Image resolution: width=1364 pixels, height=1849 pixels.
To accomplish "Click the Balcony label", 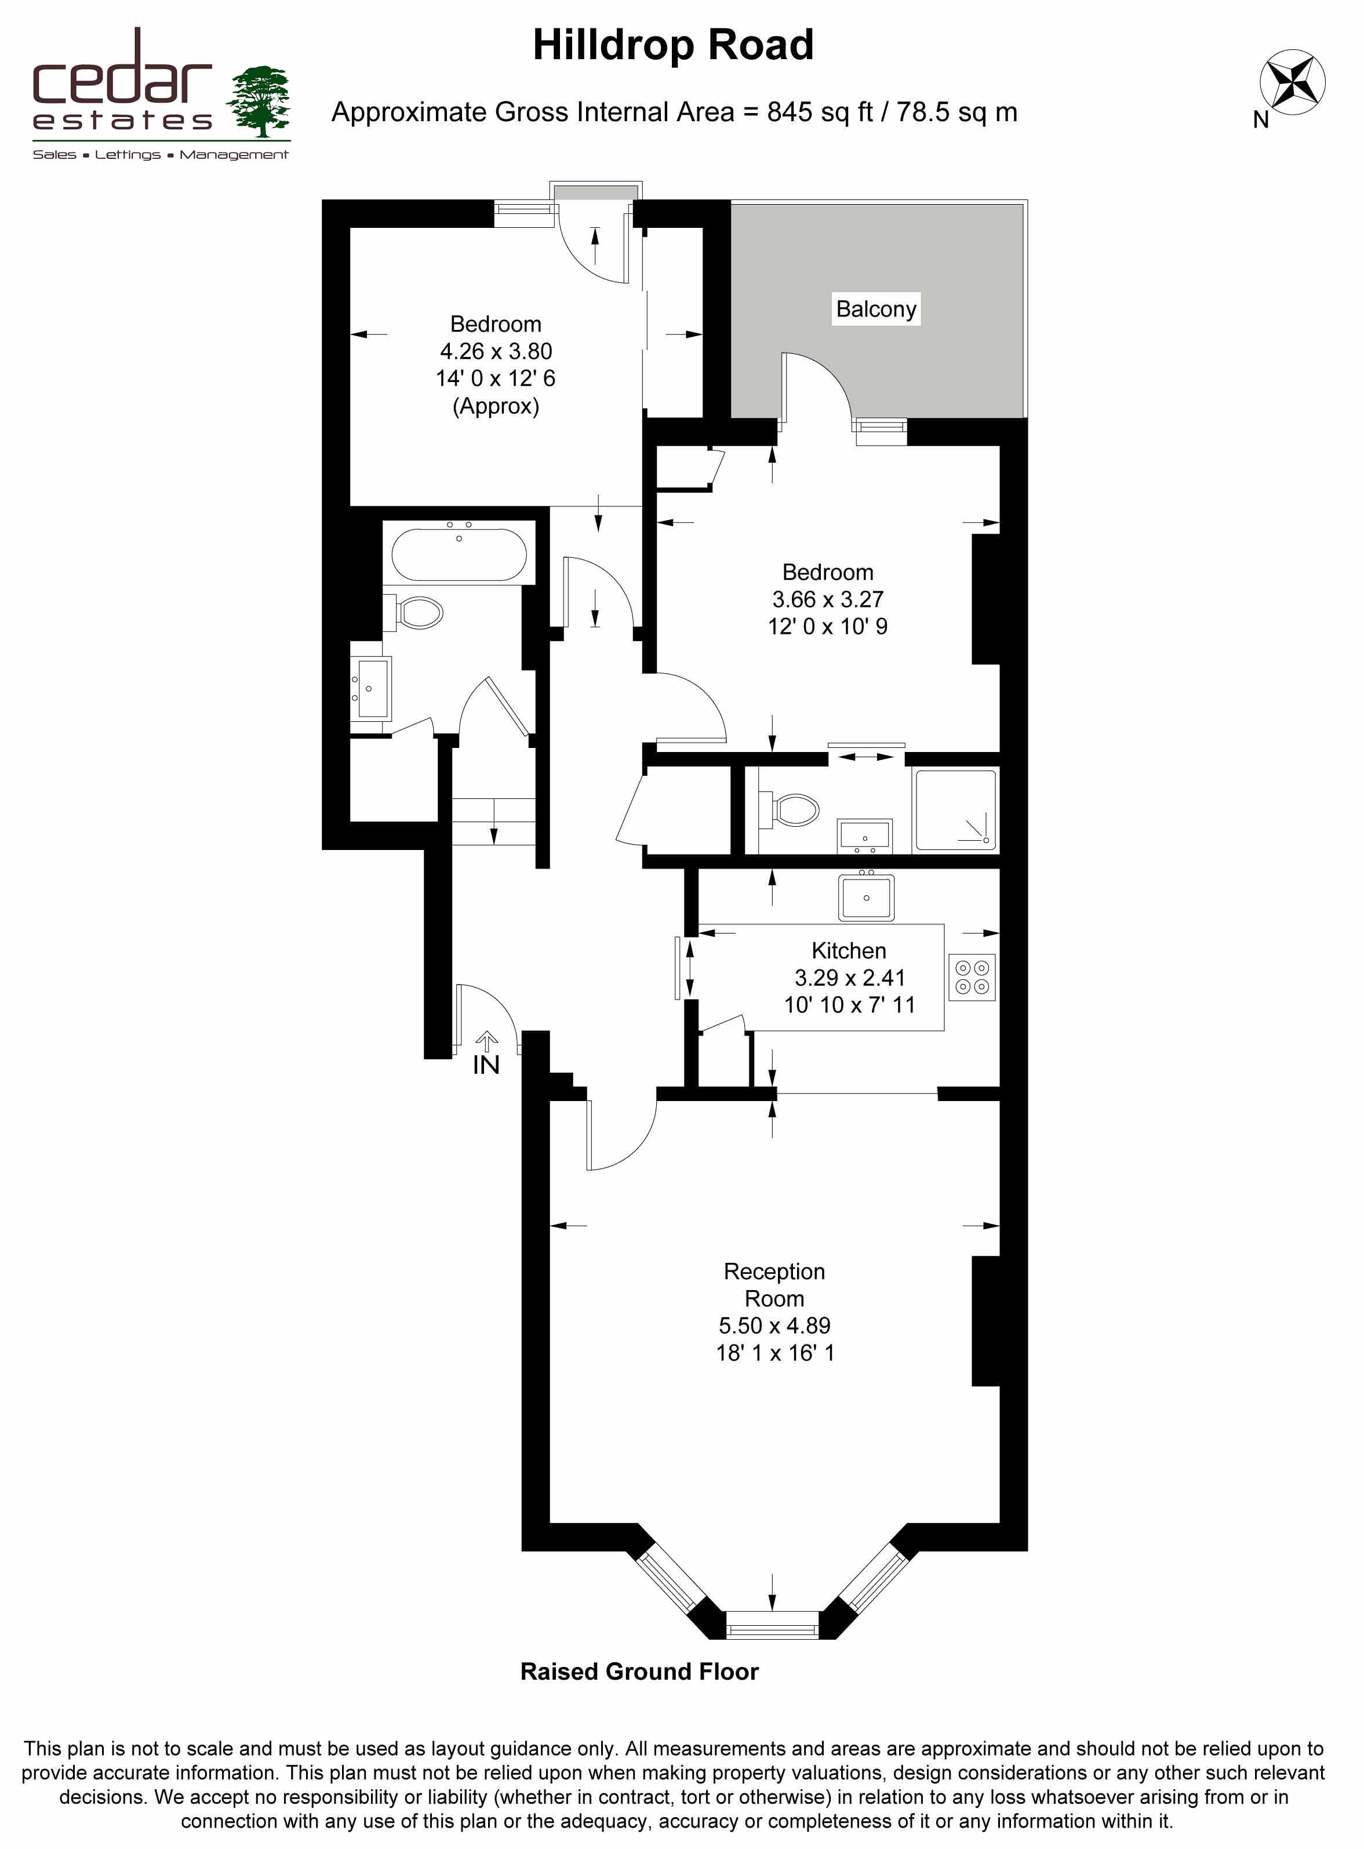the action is (x=876, y=309).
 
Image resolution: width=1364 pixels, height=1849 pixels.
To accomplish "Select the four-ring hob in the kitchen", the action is (x=972, y=978).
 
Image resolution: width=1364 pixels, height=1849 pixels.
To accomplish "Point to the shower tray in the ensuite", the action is (x=955, y=810).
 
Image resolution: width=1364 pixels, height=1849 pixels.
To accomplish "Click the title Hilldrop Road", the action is (x=673, y=45).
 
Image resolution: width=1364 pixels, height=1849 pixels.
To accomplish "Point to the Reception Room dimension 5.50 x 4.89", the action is (x=774, y=1325).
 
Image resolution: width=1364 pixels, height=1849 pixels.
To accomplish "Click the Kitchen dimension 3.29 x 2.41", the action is (x=850, y=978).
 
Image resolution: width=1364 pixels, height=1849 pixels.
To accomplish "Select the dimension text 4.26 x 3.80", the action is (x=496, y=351).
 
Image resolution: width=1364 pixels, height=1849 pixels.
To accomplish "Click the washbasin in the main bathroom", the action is (x=372, y=688).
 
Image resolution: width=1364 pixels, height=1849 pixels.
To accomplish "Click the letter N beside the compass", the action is (x=1261, y=120).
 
